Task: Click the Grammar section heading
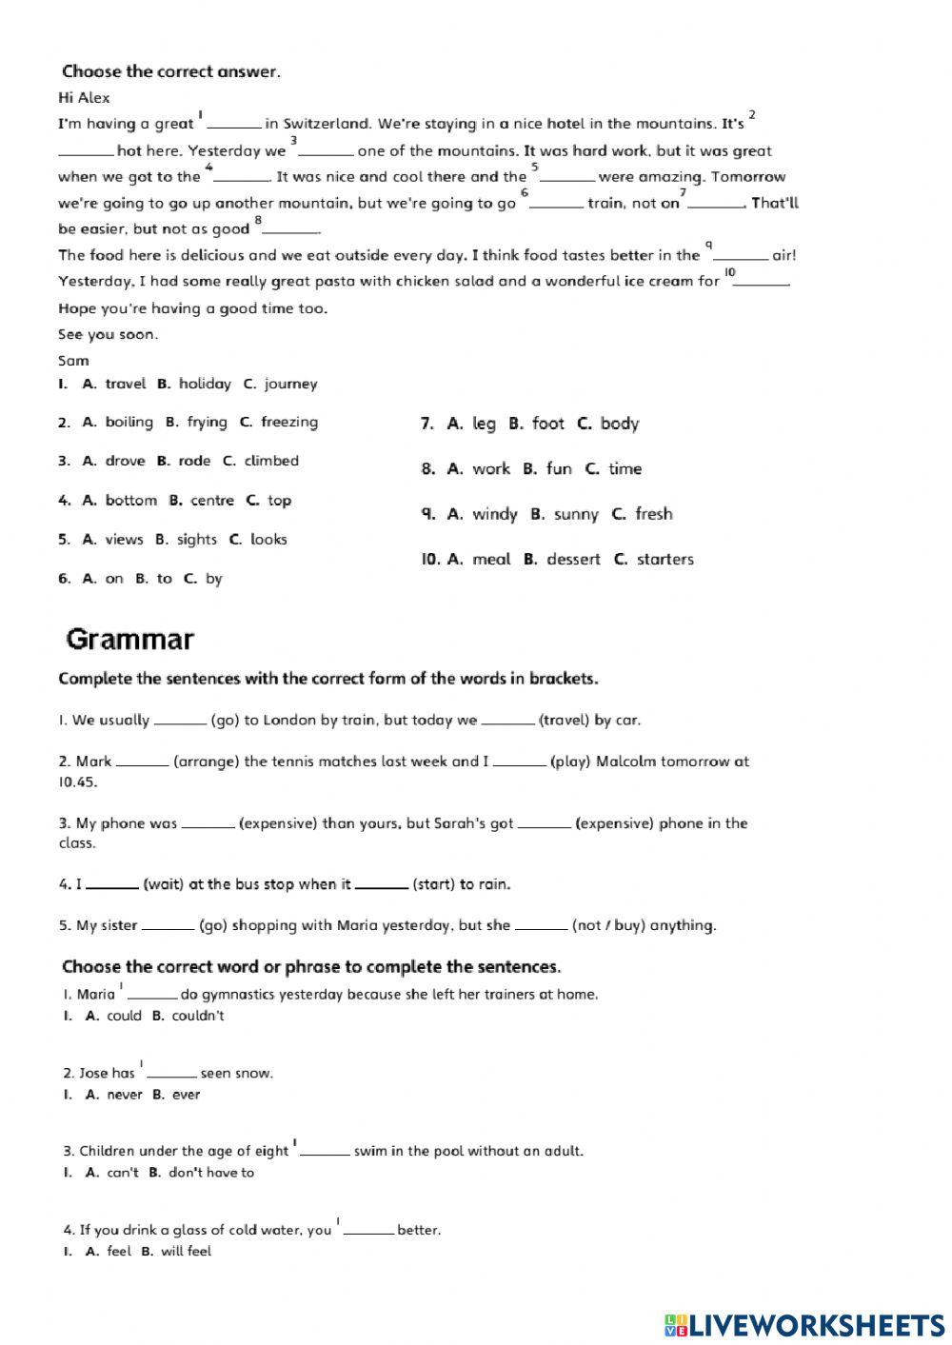(x=129, y=640)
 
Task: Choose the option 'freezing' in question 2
(x=288, y=422)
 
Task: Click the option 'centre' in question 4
(x=211, y=500)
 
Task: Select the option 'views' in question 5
(x=124, y=539)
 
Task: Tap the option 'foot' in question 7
(x=547, y=424)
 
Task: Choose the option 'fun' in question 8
(x=559, y=468)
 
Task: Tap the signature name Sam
(x=73, y=361)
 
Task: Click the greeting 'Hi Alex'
(x=84, y=98)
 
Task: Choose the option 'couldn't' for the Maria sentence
(x=198, y=1016)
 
